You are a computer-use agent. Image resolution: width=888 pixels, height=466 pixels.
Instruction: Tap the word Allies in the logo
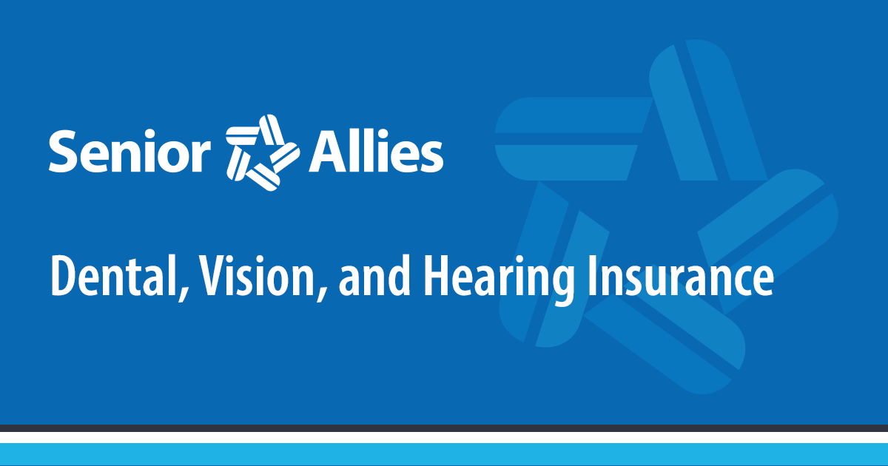(376, 152)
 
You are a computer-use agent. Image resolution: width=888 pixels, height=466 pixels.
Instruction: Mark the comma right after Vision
(320, 291)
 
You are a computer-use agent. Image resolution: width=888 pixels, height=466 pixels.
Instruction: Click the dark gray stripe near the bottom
(444, 428)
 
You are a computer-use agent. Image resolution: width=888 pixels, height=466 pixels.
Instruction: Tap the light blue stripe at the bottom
(444, 455)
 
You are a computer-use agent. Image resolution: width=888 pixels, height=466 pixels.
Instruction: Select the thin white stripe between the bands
(444, 438)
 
